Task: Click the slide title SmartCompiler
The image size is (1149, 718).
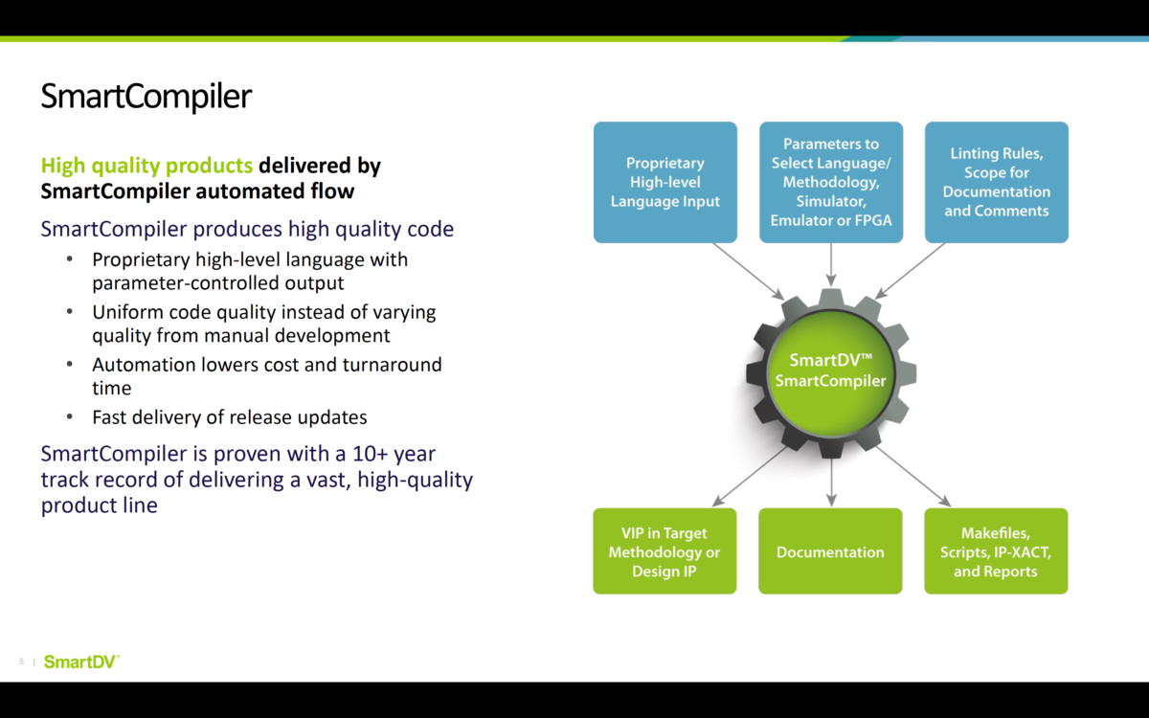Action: click(146, 97)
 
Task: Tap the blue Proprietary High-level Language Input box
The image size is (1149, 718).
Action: click(665, 182)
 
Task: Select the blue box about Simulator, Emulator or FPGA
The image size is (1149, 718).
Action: click(831, 182)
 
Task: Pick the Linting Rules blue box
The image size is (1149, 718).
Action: click(996, 182)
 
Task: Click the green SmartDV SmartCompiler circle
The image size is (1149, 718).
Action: click(830, 370)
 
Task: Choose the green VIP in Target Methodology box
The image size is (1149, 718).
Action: click(665, 551)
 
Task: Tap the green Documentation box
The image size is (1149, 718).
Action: click(830, 551)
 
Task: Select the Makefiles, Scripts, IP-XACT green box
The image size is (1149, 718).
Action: click(996, 551)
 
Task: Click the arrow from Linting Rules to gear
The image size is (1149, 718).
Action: click(910, 271)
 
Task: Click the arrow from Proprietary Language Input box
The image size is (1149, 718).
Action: click(751, 271)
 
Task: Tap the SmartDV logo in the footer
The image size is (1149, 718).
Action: click(81, 662)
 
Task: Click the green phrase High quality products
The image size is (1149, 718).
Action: click(146, 166)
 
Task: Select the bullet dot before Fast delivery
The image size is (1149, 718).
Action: click(69, 417)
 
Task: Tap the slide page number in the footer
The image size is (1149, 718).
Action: click(21, 662)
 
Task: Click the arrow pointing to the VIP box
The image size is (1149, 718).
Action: click(749, 476)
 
